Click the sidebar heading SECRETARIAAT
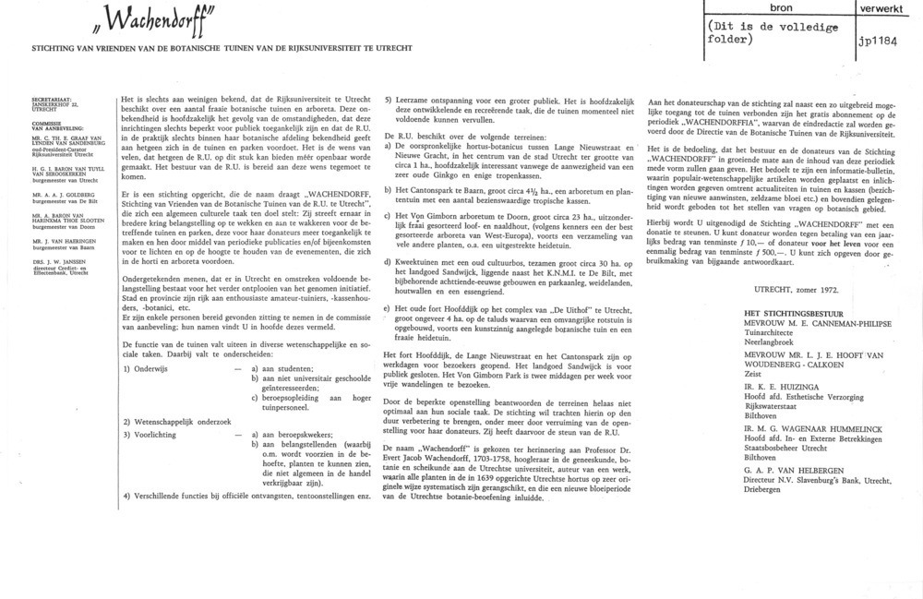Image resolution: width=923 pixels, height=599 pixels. click(x=53, y=97)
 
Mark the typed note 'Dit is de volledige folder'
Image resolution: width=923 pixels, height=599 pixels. click(x=766, y=32)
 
